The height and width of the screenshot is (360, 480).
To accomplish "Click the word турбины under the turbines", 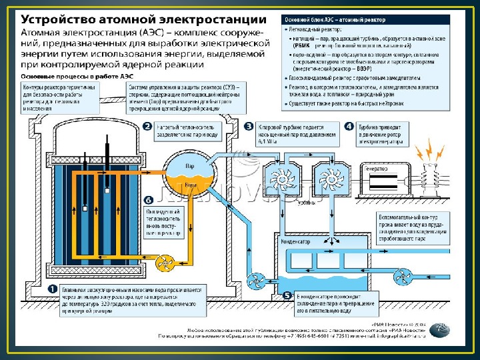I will [x=306, y=201].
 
